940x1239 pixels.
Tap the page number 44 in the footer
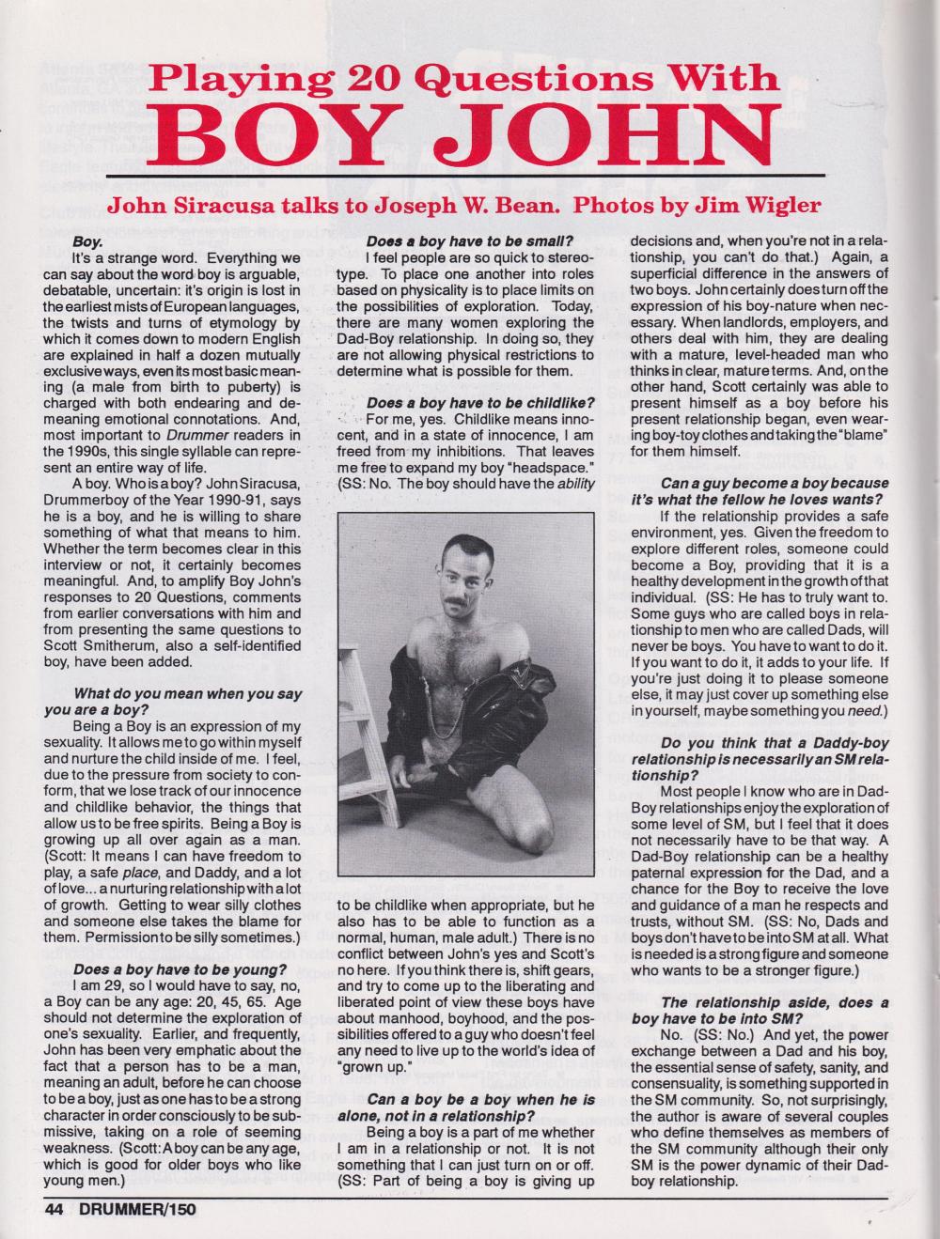click(x=55, y=1209)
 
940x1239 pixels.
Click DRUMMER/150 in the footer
click(x=136, y=1209)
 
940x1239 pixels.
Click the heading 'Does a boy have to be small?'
click(x=477, y=241)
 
